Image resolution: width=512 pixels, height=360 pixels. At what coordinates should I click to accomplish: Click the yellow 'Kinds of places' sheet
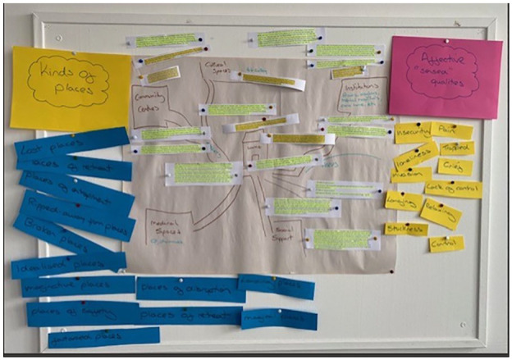70,87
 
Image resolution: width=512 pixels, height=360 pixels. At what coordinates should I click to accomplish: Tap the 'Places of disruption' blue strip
190,287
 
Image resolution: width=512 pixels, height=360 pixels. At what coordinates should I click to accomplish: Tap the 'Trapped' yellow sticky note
456,148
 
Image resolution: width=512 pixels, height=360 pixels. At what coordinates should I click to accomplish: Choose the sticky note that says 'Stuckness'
406,228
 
